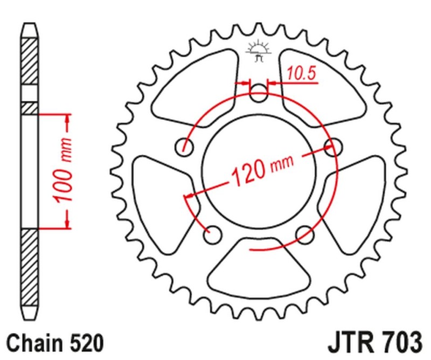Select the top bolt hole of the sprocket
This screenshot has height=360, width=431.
pyautogui.click(x=260, y=94)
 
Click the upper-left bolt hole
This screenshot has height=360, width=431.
pyautogui.click(x=186, y=146)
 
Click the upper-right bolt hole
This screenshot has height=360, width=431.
pyautogui.click(x=335, y=145)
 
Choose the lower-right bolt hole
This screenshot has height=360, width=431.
pyautogui.click(x=305, y=233)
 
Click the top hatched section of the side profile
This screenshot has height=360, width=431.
pyautogui.click(x=30, y=60)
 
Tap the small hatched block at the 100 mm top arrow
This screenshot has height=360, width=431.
pyautogui.click(x=30, y=108)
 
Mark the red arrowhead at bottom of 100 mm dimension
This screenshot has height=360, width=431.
pyautogui.click(x=68, y=220)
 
